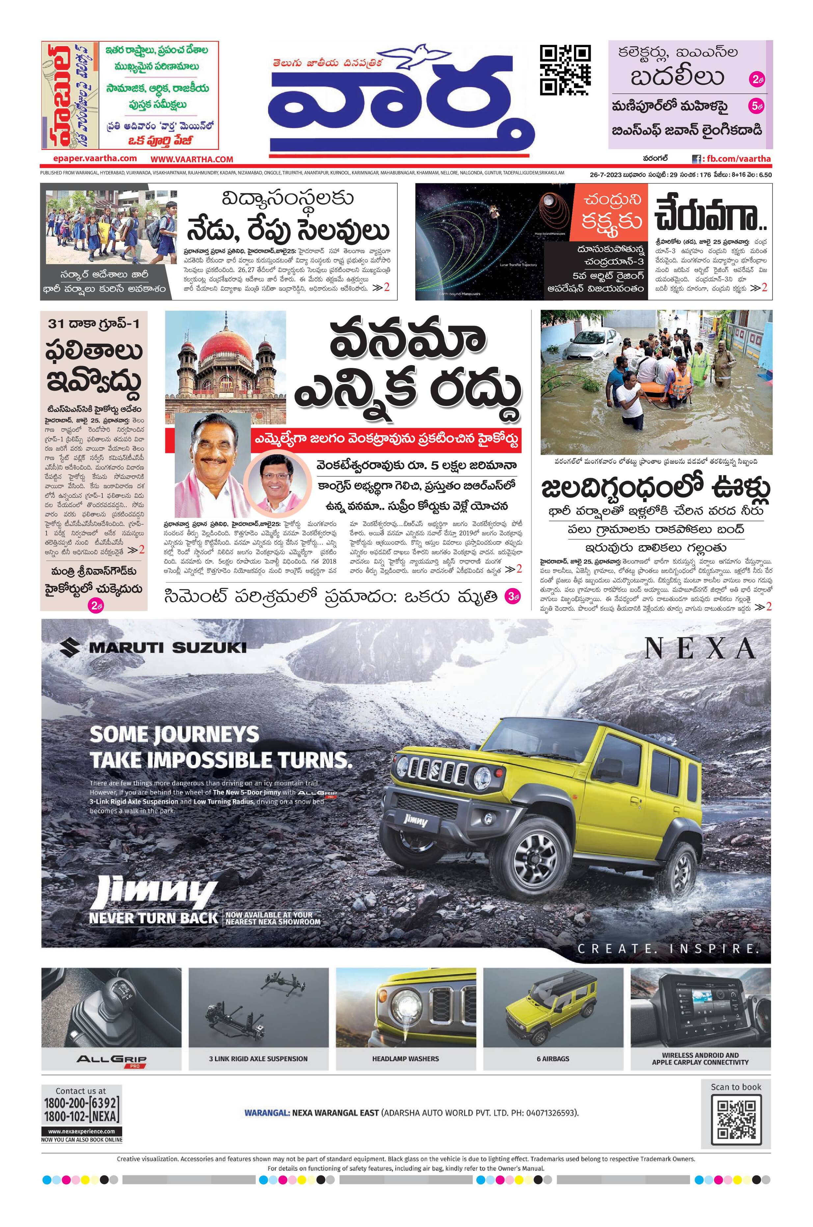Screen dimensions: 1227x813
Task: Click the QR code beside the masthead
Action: [x=565, y=70]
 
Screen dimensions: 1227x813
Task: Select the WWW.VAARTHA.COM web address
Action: [x=192, y=159]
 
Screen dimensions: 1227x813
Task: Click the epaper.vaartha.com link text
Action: [x=95, y=158]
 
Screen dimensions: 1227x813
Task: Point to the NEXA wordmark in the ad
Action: [x=700, y=648]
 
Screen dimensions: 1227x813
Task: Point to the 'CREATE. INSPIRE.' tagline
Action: [x=668, y=949]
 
